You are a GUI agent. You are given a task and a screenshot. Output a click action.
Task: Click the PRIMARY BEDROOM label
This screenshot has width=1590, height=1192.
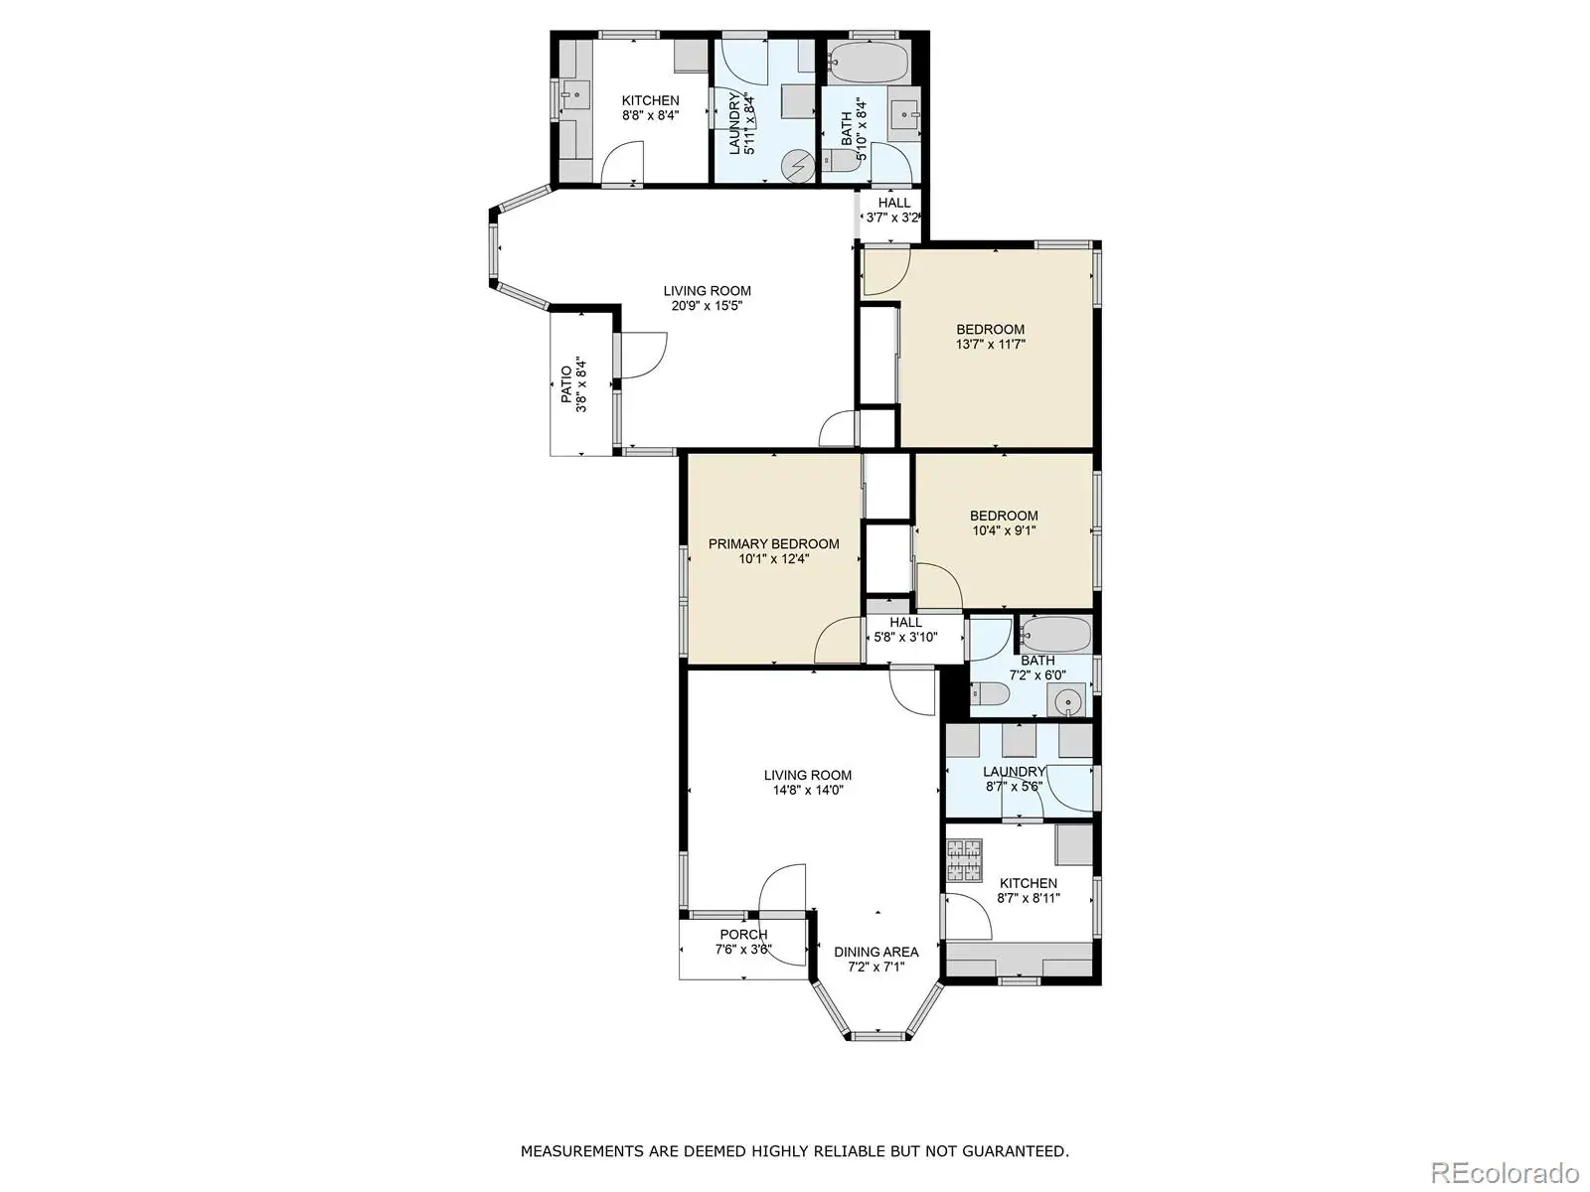[x=773, y=543]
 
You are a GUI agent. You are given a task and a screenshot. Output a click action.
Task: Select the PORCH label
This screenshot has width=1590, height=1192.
[x=743, y=935]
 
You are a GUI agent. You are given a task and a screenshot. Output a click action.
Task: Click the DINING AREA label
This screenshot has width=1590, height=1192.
[x=875, y=952]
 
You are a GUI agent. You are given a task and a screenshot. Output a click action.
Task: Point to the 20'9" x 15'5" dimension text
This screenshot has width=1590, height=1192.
[x=707, y=305]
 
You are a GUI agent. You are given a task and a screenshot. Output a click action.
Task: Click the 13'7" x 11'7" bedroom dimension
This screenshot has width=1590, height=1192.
[x=990, y=345]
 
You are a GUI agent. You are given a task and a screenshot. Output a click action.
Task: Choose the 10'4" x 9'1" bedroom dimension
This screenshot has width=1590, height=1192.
[x=1004, y=530]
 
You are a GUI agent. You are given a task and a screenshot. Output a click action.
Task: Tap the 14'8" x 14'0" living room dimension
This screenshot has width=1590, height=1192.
[x=808, y=790]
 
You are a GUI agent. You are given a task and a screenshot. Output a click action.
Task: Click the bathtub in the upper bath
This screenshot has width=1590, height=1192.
[x=868, y=63]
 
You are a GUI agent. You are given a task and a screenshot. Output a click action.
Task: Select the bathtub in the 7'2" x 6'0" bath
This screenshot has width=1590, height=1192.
[x=1055, y=635]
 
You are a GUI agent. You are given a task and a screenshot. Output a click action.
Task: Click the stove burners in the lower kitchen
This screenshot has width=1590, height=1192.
[x=964, y=860]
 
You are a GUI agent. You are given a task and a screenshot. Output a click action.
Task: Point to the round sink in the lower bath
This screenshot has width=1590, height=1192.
[x=1066, y=701]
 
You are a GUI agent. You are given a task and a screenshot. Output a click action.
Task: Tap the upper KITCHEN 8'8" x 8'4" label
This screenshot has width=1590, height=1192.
[x=651, y=107]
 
